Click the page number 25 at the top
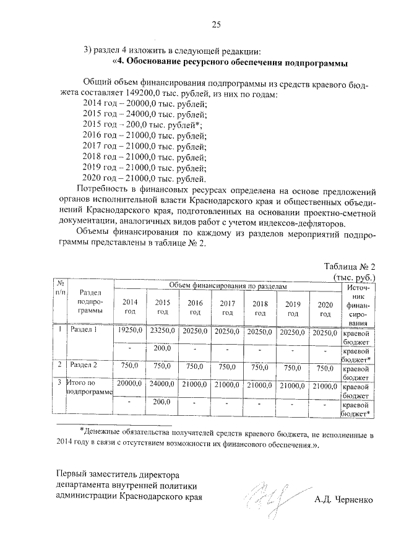point(217,25)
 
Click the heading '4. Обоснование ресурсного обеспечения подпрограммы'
point(230,63)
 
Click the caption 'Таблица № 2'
point(350,266)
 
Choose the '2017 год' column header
point(228,308)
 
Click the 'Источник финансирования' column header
point(359,304)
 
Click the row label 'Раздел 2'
point(84,365)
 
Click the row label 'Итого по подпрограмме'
point(87,388)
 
